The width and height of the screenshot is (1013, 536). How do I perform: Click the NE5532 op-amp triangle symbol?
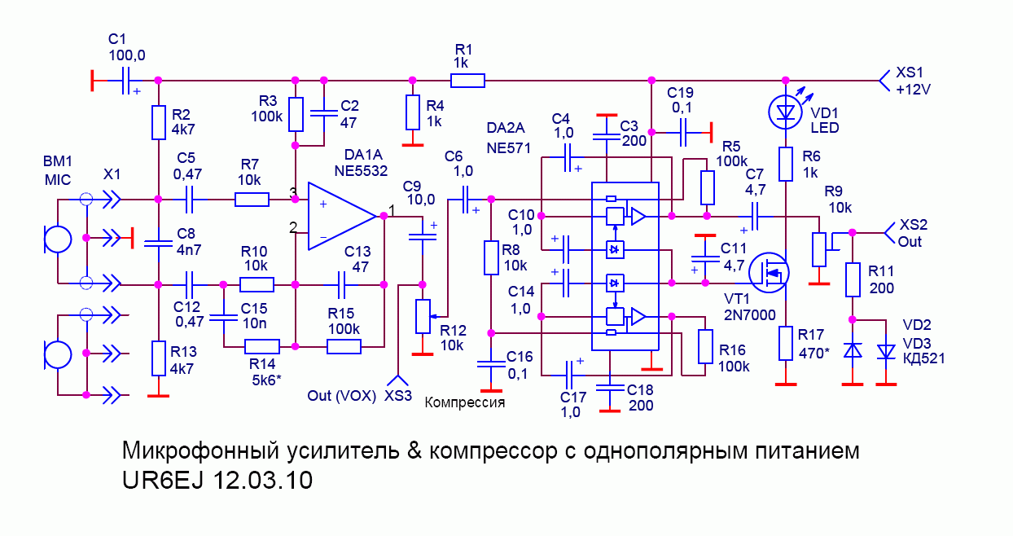pos(342,217)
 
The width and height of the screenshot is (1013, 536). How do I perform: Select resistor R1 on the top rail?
pos(467,80)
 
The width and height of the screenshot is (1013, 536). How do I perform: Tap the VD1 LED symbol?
pos(786,112)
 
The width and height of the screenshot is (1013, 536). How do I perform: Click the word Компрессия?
pos(465,402)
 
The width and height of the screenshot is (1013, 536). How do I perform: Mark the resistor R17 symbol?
pos(786,343)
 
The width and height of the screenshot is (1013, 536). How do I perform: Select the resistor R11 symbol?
pos(853,279)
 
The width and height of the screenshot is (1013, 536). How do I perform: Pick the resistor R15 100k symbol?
pos(344,346)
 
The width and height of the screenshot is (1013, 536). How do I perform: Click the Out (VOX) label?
pos(341,396)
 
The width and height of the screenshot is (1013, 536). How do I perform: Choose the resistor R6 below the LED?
pos(786,164)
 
